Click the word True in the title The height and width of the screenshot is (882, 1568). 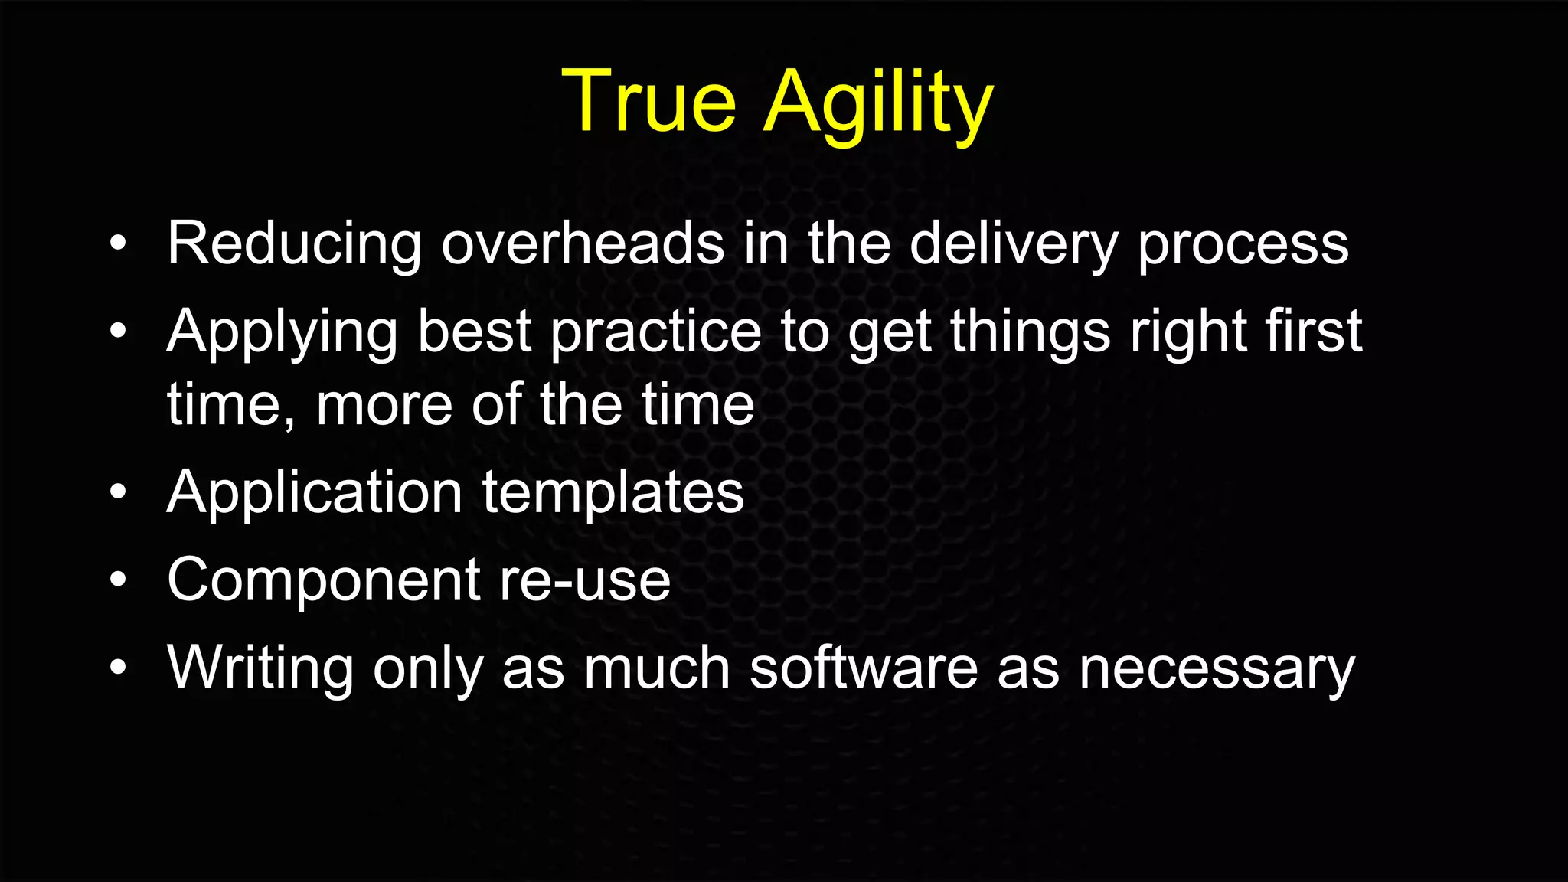[x=648, y=102]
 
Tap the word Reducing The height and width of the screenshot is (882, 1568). [x=294, y=243]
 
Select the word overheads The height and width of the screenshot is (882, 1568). [x=582, y=243]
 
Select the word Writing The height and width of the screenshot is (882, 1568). [x=260, y=668]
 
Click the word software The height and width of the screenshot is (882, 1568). [x=863, y=668]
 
